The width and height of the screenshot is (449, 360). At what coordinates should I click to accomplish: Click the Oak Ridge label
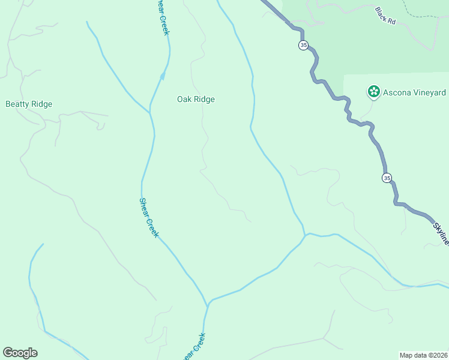[x=196, y=100]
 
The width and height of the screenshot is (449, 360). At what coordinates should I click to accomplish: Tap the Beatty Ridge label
[x=29, y=104]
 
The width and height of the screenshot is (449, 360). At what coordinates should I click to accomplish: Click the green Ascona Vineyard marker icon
[x=374, y=92]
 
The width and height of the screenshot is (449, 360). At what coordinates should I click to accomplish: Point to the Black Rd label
[x=385, y=16]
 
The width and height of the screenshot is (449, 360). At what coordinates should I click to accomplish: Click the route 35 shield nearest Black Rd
[x=303, y=46]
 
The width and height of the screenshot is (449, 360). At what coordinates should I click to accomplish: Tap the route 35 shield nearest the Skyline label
[x=387, y=178]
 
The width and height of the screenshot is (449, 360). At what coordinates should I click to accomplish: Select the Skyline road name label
[x=440, y=232]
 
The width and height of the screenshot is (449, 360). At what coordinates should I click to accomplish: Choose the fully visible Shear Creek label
[x=148, y=218]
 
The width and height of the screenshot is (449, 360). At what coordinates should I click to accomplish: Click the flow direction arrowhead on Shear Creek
[x=162, y=76]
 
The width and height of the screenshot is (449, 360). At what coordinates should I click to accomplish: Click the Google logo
[x=20, y=353]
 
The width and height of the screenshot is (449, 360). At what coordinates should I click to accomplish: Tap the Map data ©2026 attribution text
[x=423, y=355]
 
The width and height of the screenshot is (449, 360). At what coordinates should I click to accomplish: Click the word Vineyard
[x=427, y=92]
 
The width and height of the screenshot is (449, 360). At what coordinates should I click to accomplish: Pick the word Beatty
[x=17, y=104]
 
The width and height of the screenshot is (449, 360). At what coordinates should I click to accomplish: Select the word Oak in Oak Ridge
[x=184, y=100]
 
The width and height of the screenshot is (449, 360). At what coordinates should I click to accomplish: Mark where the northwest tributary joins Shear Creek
[x=149, y=112]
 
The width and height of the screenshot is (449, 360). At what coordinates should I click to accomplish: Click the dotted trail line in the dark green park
[x=409, y=8]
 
